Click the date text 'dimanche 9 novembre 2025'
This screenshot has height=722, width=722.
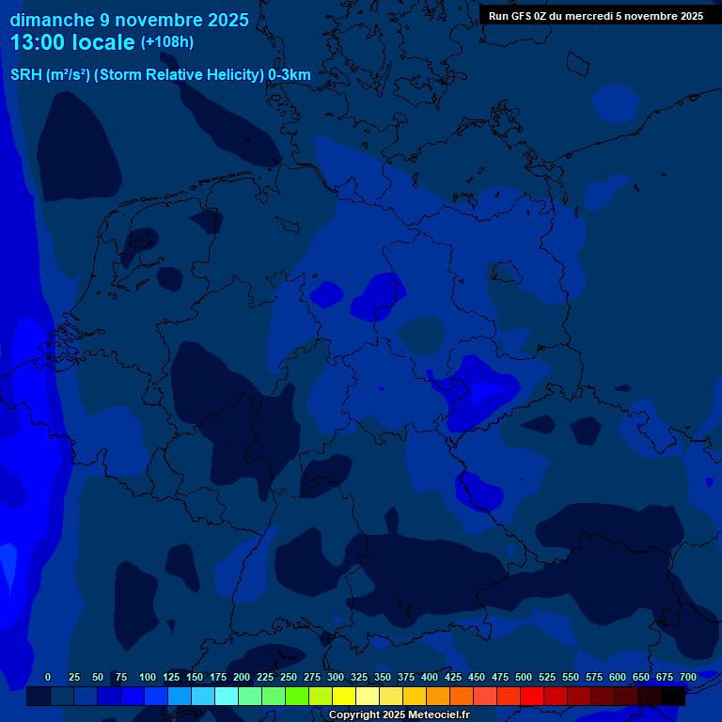tap(129, 20)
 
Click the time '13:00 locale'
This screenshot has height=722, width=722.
tap(72, 42)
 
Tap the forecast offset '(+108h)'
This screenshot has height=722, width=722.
tap(167, 42)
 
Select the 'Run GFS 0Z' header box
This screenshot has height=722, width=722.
tap(596, 16)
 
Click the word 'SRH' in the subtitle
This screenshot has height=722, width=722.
tap(25, 75)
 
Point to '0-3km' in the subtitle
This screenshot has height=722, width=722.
tap(290, 75)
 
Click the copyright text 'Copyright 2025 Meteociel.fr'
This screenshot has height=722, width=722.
tap(399, 714)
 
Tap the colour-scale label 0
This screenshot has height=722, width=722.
tap(48, 677)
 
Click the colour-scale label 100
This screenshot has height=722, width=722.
tap(148, 677)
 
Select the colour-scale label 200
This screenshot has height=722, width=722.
tap(242, 677)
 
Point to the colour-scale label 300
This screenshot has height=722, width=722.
tap(336, 677)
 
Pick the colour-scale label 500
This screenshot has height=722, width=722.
tap(524, 677)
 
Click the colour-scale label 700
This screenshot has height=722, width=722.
tap(688, 677)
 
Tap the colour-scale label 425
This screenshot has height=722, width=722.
tap(453, 677)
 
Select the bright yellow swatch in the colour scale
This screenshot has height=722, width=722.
tap(344, 696)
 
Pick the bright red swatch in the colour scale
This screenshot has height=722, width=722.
tap(532, 696)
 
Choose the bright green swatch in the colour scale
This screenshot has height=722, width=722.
tap(297, 696)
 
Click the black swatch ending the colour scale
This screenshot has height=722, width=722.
tap(673, 696)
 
